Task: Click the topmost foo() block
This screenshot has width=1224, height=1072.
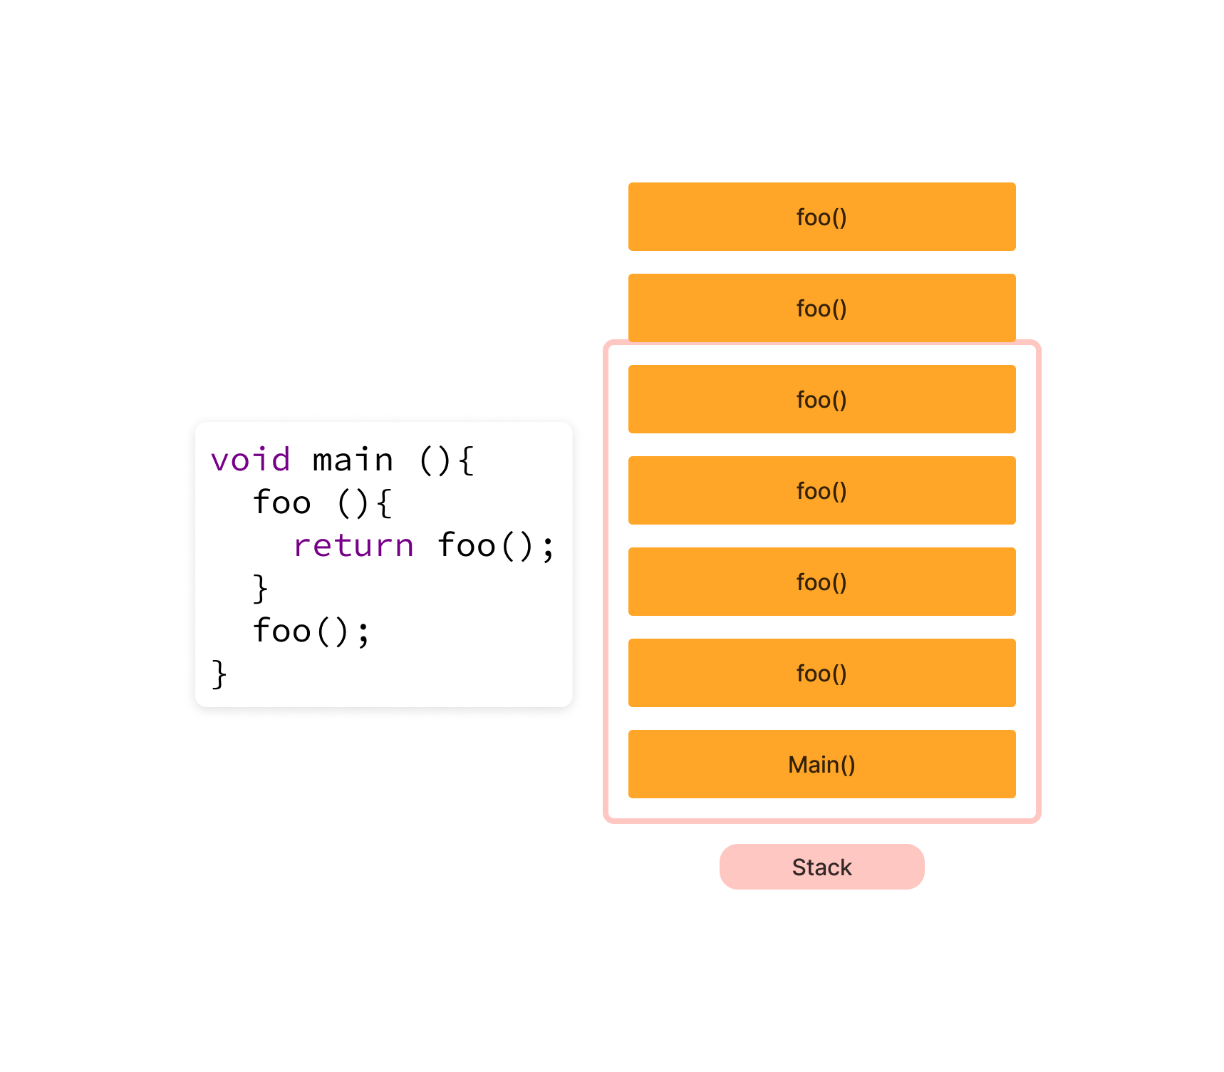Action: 821,217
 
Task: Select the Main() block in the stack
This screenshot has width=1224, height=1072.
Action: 821,764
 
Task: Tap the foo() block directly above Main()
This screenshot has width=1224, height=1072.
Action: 821,673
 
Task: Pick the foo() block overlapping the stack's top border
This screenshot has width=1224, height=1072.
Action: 821,308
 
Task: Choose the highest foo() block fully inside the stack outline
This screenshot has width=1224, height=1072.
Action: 821,399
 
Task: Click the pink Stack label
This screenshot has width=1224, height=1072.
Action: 821,867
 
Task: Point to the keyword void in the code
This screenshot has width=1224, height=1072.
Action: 251,460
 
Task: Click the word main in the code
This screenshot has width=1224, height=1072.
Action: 353,460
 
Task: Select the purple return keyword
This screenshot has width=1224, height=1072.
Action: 353,546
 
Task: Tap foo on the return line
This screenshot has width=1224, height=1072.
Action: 467,545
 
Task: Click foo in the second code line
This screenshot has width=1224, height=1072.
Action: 282,502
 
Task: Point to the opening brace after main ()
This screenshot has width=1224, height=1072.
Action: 466,460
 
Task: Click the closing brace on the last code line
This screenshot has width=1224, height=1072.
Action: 219,674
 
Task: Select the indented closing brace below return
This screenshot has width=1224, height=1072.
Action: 260,589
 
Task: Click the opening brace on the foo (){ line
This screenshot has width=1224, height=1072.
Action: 384,503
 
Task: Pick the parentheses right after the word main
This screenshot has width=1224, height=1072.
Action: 435,460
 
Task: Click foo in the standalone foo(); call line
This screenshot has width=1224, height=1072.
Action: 282,631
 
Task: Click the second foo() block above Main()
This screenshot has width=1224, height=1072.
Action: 821,582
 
